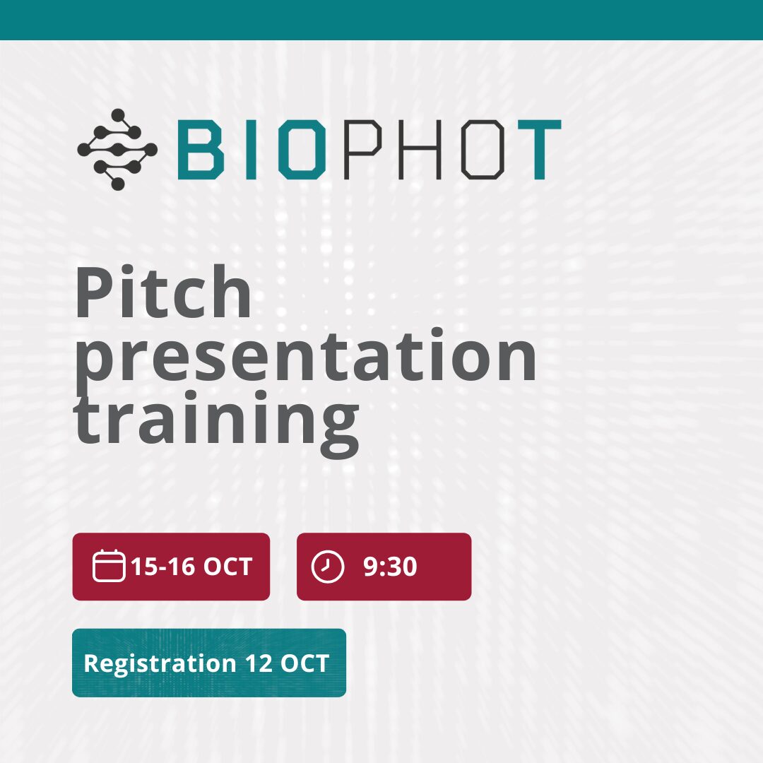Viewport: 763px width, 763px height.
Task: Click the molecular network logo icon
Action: tap(117, 149)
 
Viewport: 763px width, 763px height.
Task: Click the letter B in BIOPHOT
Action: tap(201, 149)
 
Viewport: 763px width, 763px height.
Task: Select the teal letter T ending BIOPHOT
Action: tap(539, 149)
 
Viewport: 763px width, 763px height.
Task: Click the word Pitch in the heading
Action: tap(163, 292)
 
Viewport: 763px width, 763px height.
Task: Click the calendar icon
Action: tap(109, 565)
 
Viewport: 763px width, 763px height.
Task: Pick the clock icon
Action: tap(328, 567)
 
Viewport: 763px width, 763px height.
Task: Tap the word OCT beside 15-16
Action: tap(227, 567)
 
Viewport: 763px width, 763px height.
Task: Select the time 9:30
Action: tap(390, 567)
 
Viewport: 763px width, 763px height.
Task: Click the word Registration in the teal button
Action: tap(160, 664)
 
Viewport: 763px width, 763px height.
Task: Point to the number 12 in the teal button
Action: tap(259, 663)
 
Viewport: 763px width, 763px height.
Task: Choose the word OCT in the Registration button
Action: tap(305, 663)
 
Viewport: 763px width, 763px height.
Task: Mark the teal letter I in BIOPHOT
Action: tap(251, 149)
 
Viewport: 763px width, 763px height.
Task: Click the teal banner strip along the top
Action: tap(381, 20)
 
